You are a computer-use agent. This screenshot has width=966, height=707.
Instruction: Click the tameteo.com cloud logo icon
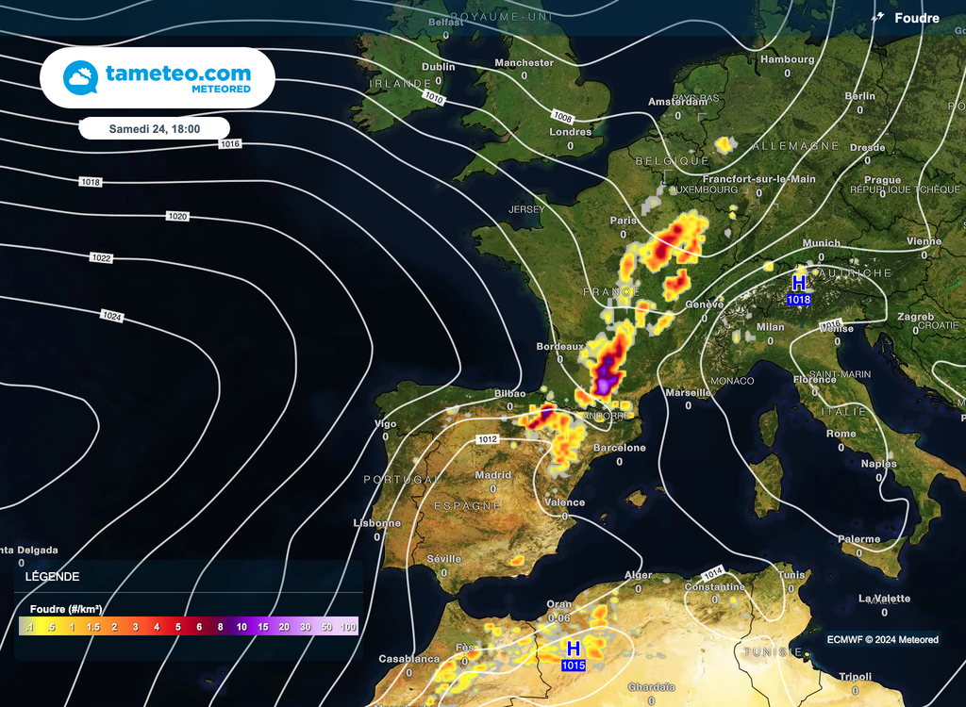[80, 77]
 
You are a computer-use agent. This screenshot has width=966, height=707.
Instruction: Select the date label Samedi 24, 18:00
[155, 128]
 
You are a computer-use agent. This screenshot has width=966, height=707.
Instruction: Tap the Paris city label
[624, 221]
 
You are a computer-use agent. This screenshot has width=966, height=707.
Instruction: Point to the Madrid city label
[493, 475]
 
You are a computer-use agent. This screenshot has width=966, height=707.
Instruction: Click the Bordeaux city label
[560, 347]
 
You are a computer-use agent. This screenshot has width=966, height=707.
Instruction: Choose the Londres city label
[571, 132]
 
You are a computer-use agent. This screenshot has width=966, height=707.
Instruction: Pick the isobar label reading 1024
[112, 317]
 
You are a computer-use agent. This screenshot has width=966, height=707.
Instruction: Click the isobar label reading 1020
[177, 217]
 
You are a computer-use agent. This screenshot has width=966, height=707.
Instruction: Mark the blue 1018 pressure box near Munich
[798, 300]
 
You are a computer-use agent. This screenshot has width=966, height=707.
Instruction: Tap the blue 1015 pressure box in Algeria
[573, 666]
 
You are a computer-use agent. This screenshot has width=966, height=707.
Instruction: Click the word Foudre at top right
[917, 18]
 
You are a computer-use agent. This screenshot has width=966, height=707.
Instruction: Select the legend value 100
[348, 627]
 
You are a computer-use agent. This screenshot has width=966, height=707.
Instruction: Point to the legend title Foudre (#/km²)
[66, 609]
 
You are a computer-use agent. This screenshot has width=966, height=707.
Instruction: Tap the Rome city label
[841, 434]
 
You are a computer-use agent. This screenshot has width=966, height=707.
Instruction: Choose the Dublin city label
[439, 67]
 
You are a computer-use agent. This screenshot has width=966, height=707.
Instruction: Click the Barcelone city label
[619, 448]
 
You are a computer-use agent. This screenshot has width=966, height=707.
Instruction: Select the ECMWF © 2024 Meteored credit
[882, 640]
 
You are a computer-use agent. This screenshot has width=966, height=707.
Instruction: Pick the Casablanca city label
[409, 659]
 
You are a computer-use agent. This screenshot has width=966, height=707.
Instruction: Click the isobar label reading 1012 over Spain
[488, 439]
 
